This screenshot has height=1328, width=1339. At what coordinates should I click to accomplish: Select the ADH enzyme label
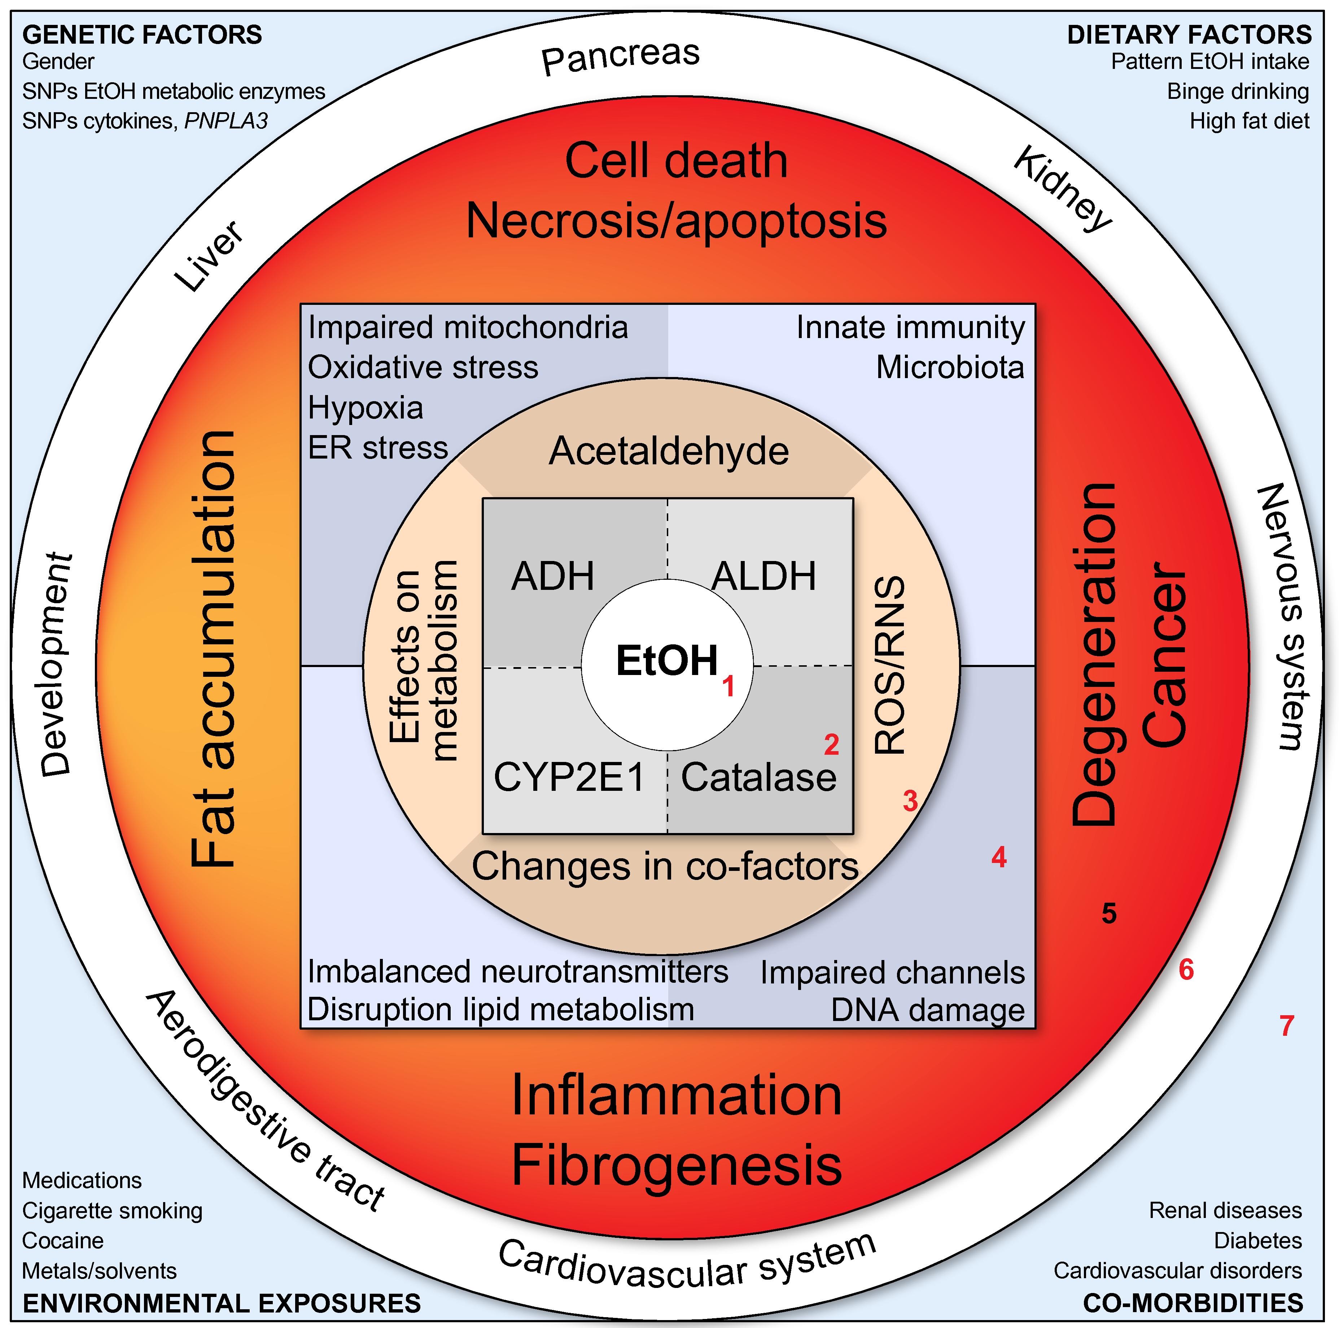552,576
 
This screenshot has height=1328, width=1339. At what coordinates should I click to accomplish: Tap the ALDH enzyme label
764,576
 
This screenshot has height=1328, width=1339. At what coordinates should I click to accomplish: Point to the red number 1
728,687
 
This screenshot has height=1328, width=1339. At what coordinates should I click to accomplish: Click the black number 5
1109,913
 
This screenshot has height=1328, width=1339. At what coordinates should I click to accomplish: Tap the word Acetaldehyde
669,451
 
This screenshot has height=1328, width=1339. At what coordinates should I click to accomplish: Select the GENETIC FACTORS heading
142,35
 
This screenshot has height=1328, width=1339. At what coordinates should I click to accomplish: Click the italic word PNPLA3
225,121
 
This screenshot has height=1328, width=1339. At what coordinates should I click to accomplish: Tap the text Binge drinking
1238,92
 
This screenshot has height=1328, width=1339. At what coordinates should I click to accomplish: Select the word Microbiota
950,367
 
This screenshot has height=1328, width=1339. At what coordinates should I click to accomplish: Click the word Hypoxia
365,408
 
